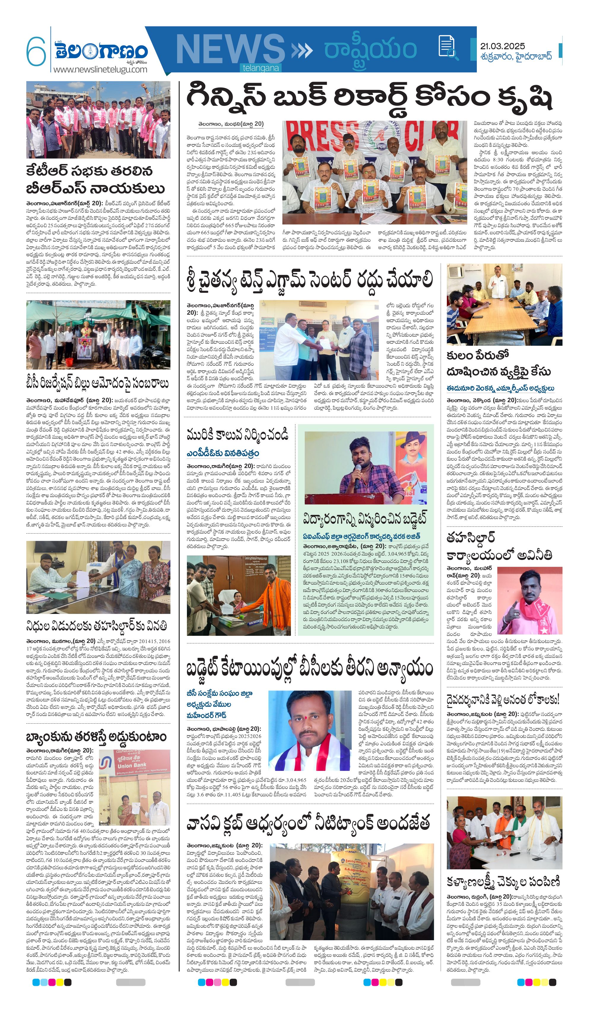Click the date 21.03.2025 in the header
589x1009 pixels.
point(502,46)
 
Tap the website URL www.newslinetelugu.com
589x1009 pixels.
point(100,69)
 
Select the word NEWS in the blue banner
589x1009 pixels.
point(230,49)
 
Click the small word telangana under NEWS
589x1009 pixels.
point(261,68)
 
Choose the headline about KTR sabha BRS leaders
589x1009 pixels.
point(95,179)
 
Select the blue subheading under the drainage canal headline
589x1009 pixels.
point(222,453)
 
